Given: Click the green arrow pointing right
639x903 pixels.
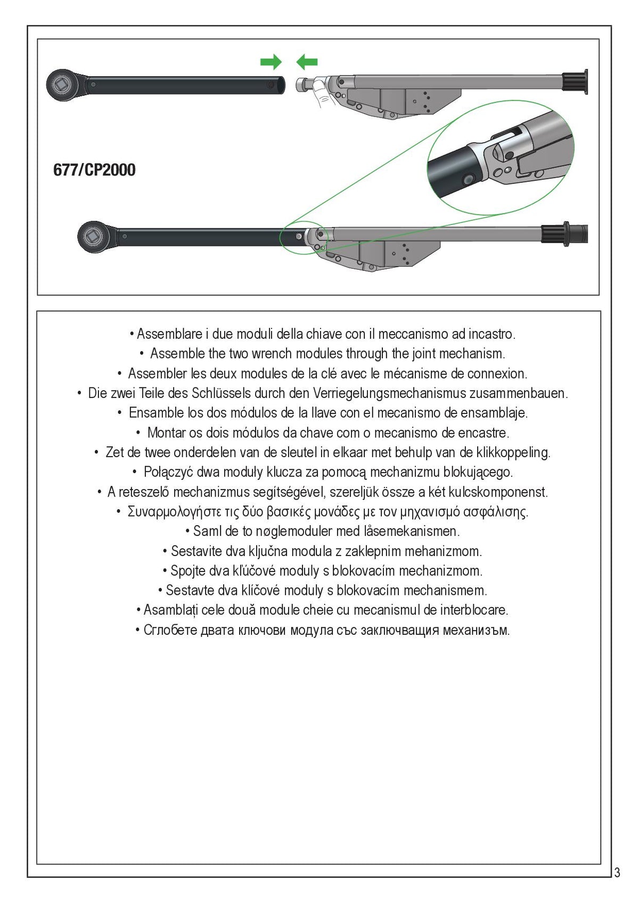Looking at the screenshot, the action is point(271,62).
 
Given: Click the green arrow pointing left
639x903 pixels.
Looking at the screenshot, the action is point(307,62).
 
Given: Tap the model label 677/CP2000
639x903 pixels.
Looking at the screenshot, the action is point(94,170).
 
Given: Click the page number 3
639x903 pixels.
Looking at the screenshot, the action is point(617,873).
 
